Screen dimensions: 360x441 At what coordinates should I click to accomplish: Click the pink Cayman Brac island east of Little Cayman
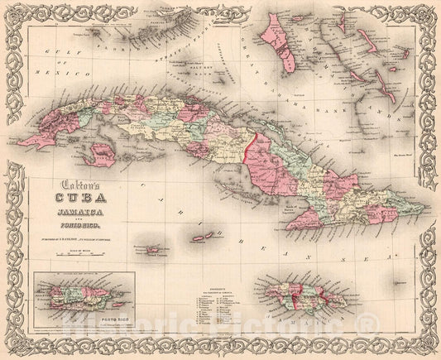coord(204,237)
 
